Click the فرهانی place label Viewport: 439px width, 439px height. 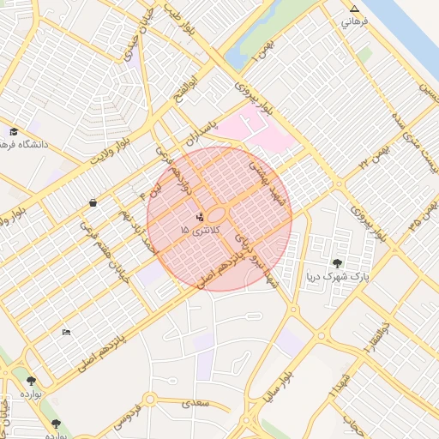[355, 21]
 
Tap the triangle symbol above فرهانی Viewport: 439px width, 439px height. [355, 9]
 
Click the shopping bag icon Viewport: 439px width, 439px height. [92, 203]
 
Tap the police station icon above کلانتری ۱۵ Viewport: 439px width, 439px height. [201, 217]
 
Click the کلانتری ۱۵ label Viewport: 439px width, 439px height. [201, 231]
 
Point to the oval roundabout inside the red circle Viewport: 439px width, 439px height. [217, 215]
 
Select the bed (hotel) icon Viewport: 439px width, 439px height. [66, 333]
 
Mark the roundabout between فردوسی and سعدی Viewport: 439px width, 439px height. [151, 400]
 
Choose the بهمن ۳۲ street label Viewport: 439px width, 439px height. [377, 154]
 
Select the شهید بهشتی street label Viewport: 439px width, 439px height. [260, 177]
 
